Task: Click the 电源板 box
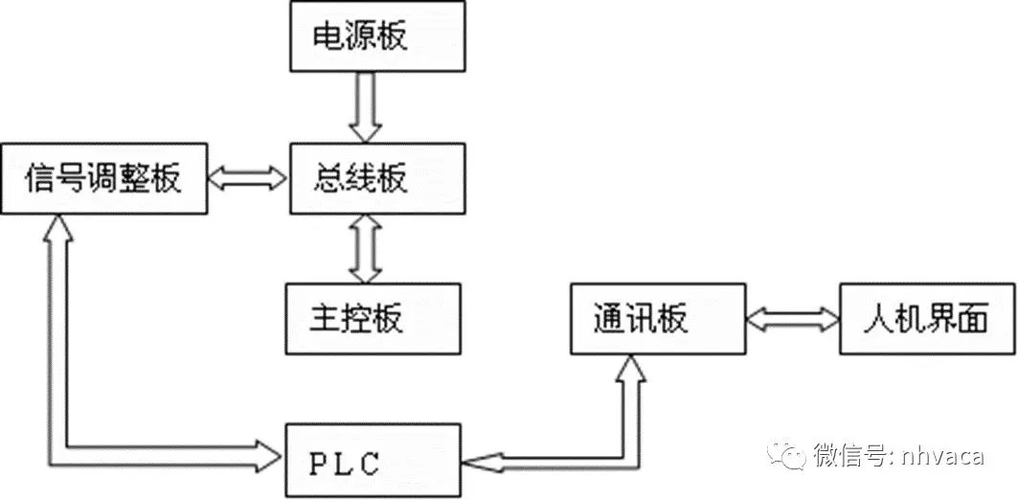(x=378, y=36)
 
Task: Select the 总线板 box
(x=378, y=178)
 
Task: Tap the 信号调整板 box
(x=103, y=178)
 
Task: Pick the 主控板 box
(x=372, y=318)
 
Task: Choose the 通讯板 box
(x=657, y=318)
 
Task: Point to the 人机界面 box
(x=927, y=318)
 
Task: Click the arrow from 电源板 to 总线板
(x=364, y=106)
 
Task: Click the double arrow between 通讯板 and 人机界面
(x=793, y=318)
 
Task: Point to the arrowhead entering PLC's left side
(x=273, y=450)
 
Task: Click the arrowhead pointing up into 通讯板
(x=631, y=366)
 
